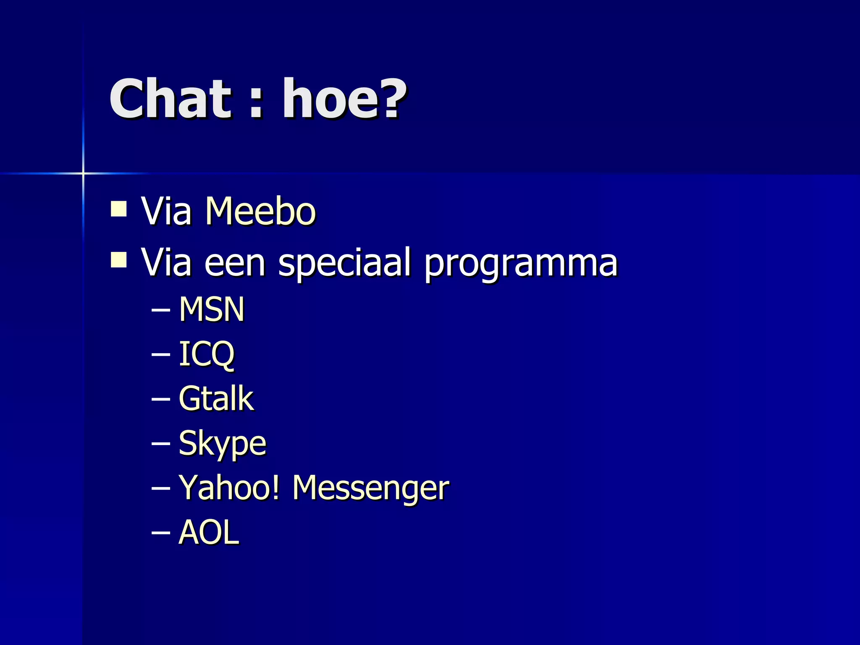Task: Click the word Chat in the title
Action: point(170,99)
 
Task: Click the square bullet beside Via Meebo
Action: point(119,209)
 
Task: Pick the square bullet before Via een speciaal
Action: point(119,260)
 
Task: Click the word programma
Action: point(521,264)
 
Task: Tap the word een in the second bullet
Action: point(235,264)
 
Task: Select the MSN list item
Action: point(212,309)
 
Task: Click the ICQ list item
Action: point(207,354)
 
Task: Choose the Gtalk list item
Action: point(216,399)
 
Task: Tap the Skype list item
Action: point(222,443)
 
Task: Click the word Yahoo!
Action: point(229,488)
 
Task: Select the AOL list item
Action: point(209,532)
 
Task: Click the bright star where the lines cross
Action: point(83,173)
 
